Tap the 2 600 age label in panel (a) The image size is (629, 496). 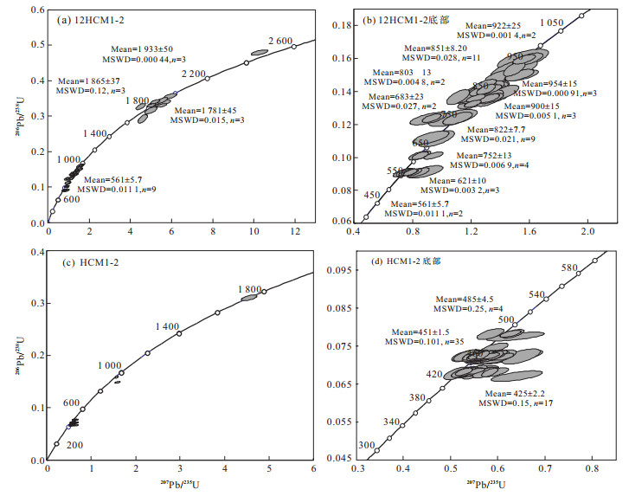[x=282, y=41]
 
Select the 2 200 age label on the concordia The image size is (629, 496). [x=194, y=74]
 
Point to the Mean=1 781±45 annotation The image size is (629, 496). [x=211, y=111]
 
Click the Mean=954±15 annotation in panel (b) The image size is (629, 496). [x=555, y=85]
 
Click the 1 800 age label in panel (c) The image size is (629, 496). [x=251, y=289]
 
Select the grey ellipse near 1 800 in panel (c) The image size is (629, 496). [x=249, y=297]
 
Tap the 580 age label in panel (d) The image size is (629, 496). [x=568, y=268]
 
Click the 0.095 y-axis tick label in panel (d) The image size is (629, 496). [x=343, y=269]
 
